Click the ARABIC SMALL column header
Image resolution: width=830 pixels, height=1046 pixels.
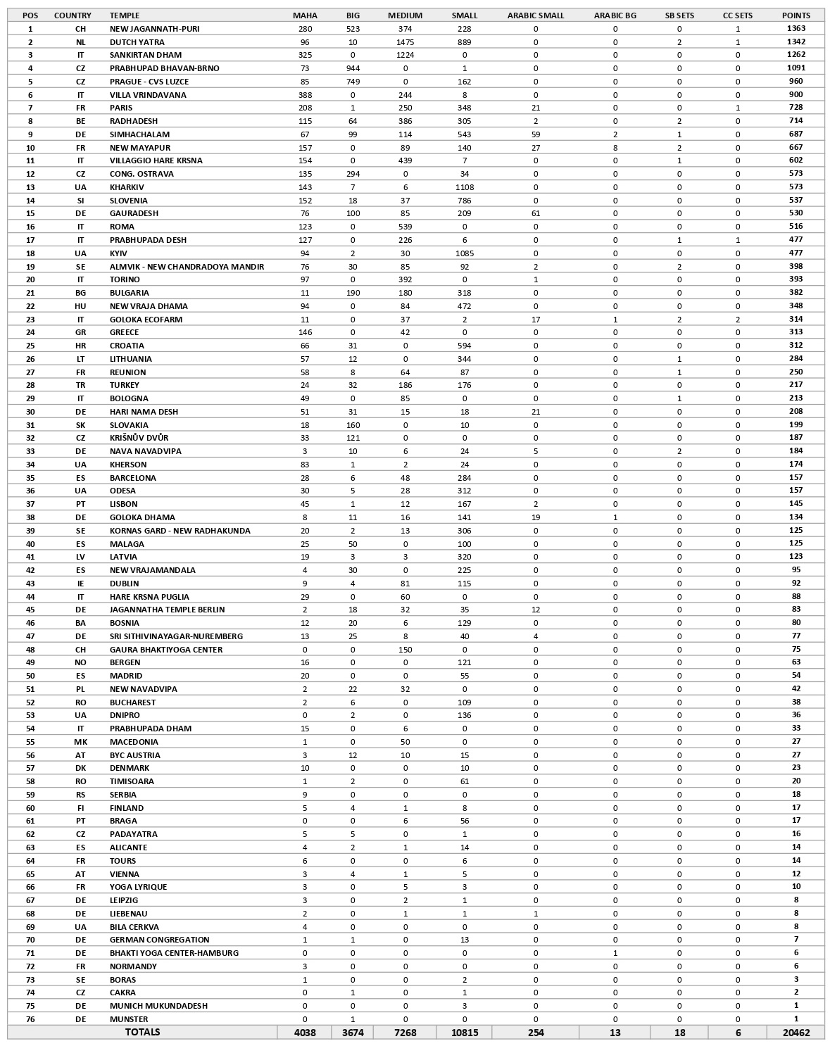pos(535,15)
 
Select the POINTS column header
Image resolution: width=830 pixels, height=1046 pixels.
pos(796,15)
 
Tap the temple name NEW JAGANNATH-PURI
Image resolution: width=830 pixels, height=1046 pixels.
pos(154,29)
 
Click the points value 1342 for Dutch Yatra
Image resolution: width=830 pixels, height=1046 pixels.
pos(796,42)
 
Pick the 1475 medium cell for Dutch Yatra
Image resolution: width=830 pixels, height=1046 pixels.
pos(405,42)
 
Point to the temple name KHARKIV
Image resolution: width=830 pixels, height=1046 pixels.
pos(127,187)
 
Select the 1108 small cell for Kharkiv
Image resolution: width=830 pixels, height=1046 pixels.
pos(464,187)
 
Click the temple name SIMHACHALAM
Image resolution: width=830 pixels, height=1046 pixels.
pos(139,134)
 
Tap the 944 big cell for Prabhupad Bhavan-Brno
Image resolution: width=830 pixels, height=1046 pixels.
pos(353,68)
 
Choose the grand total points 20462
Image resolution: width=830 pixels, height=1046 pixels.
pos(796,1033)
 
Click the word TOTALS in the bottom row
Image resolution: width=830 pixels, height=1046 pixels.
pos(142,1032)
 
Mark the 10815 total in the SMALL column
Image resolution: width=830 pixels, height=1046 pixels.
pos(464,1033)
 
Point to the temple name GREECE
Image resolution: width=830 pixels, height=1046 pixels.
pos(124,332)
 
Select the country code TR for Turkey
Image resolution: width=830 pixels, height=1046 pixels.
pos(80,385)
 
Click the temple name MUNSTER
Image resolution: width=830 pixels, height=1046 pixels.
pos(129,1019)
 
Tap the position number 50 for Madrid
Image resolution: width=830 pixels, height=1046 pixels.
pos(30,676)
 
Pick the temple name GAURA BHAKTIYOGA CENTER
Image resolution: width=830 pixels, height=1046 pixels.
pos(165,650)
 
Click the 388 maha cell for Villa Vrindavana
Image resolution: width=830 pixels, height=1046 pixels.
pos(305,95)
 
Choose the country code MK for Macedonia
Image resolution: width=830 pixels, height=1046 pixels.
pos(80,742)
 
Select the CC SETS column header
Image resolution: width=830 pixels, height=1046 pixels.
pos(737,15)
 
